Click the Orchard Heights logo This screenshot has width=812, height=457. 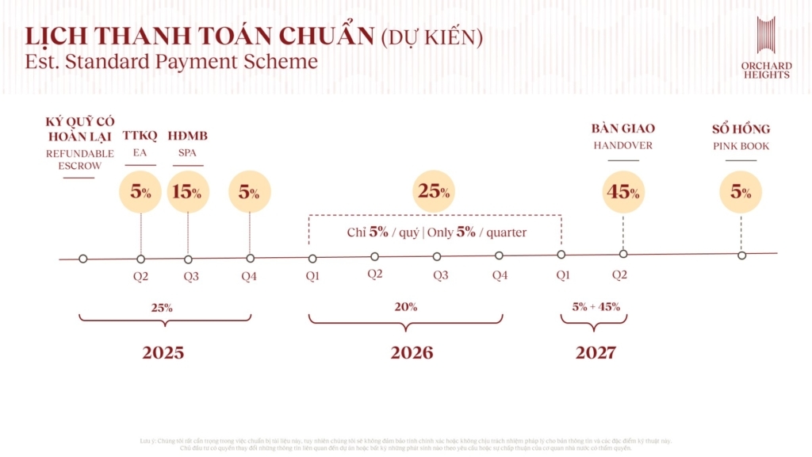765,48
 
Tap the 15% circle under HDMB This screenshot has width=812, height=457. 188,192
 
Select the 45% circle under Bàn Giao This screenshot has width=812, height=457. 623,192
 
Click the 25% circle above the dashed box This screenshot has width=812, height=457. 434,191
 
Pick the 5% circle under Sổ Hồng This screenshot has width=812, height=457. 741,192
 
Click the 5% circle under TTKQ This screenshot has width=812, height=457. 140,192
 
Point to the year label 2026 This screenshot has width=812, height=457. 412,353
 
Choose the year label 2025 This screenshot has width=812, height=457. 163,353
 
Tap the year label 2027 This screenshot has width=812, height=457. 596,353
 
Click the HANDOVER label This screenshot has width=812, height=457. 623,146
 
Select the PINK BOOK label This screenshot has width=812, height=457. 740,147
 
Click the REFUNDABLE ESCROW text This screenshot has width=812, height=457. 79,159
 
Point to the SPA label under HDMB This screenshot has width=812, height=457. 188,152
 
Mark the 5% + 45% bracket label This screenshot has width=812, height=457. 596,307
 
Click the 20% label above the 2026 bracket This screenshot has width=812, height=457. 405,307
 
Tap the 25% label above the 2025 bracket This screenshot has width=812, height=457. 162,307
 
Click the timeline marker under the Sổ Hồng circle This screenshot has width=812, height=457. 741,255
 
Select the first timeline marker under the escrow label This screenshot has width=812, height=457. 83,259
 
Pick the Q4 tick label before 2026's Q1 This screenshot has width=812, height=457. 249,276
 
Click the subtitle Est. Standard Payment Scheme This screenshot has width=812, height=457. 171,61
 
